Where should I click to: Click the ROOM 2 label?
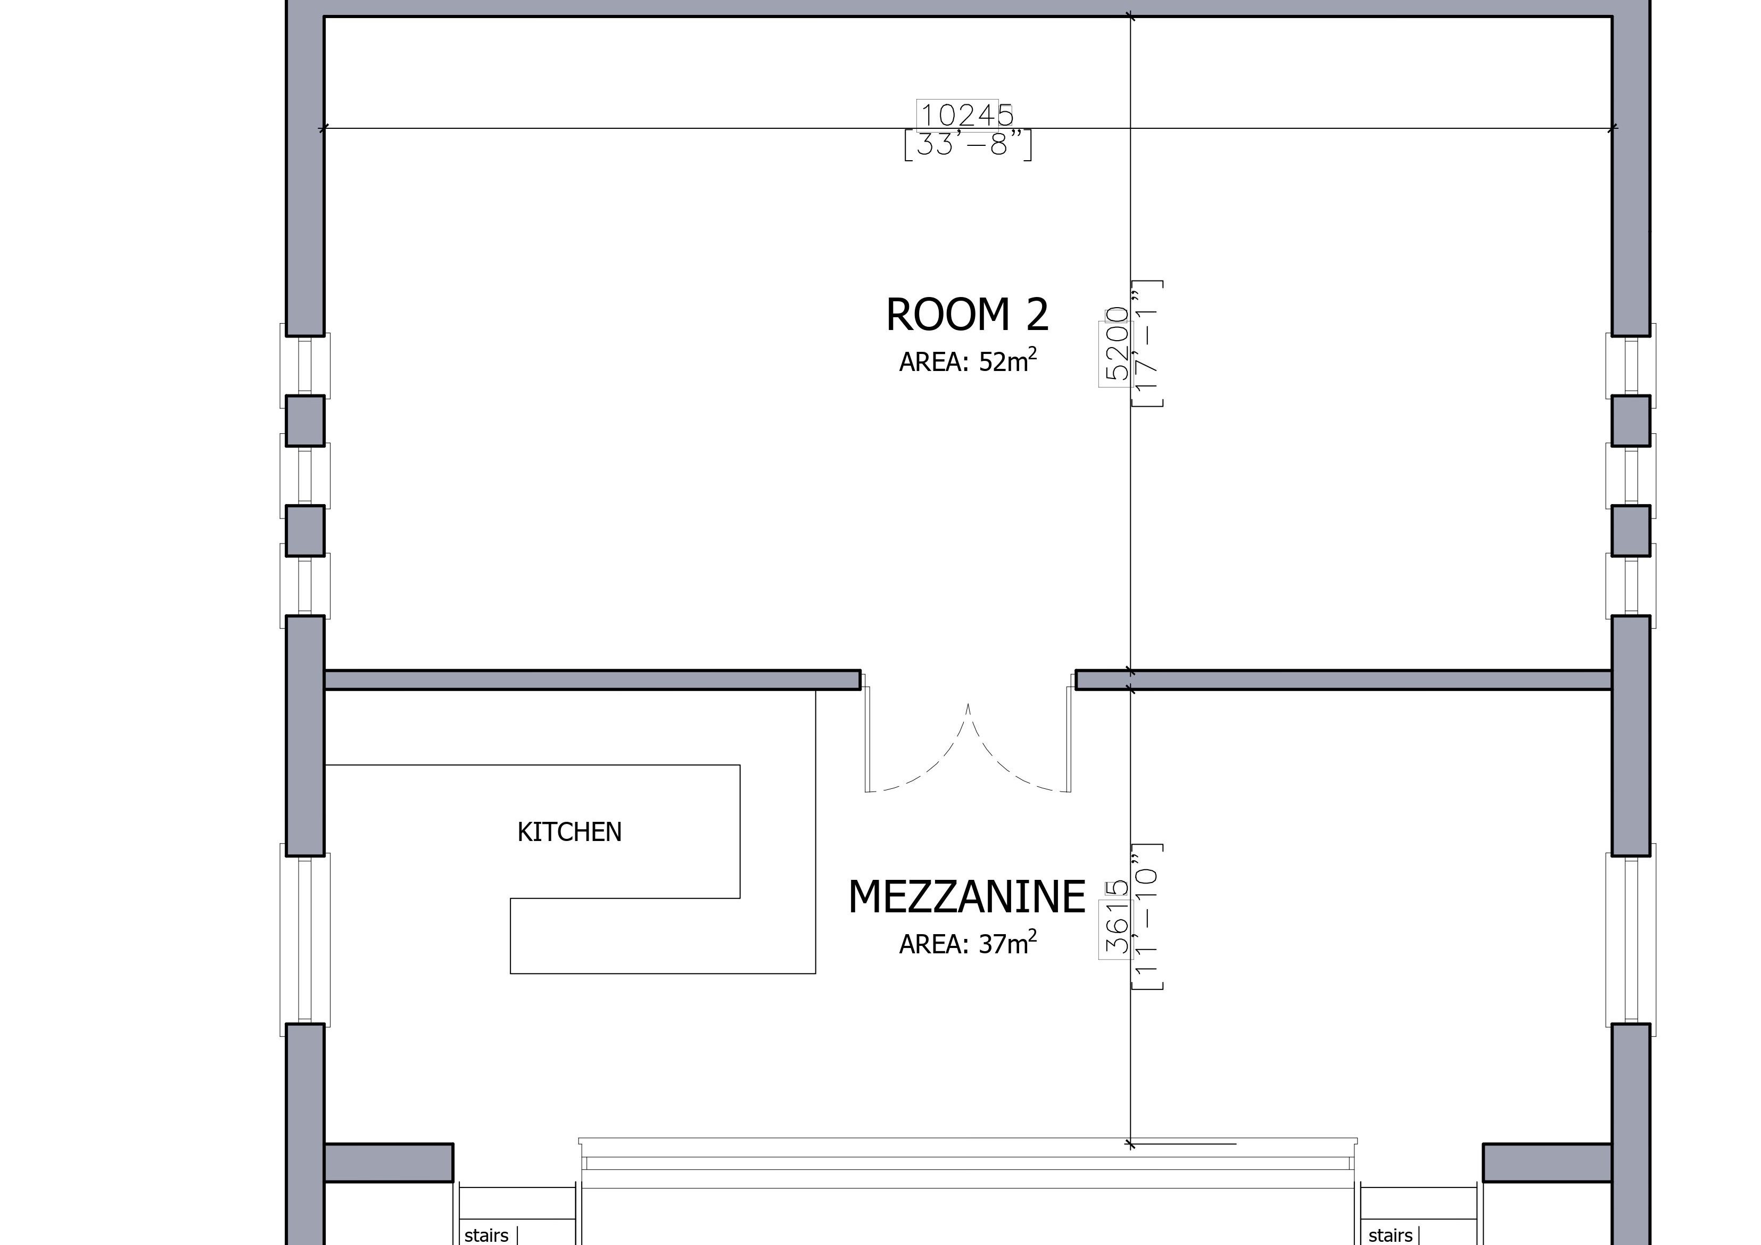point(966,315)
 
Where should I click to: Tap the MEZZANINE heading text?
point(966,897)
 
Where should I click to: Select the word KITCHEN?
point(569,832)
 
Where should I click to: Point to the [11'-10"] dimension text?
point(1147,916)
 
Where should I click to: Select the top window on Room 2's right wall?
point(1631,365)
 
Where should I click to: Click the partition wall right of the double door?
point(1343,680)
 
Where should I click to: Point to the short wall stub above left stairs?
point(389,1162)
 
